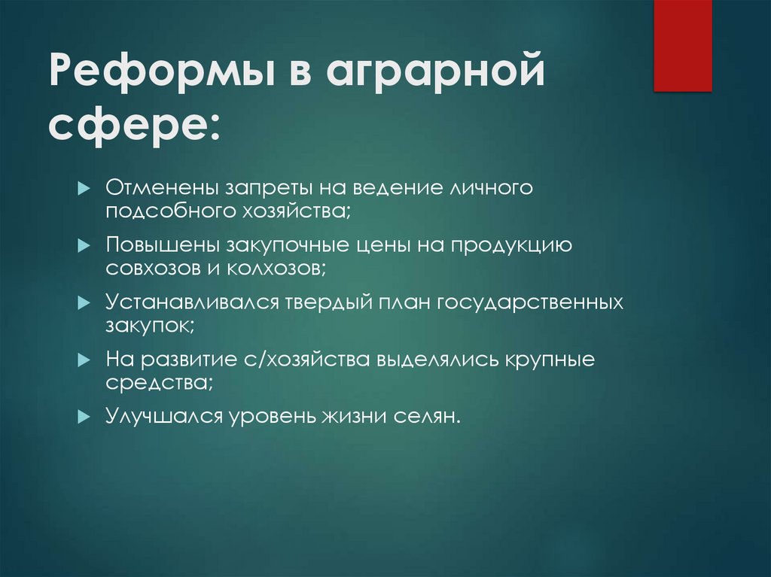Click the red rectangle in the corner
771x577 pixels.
point(682,45)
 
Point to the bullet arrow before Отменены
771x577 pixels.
point(84,187)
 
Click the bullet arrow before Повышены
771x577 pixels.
point(84,245)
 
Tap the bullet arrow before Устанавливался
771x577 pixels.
point(84,303)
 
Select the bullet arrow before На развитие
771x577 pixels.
point(84,360)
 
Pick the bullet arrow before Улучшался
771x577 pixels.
point(84,418)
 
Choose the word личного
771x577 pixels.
point(490,187)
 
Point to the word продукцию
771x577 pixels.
point(501,245)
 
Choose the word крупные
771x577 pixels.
point(551,360)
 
